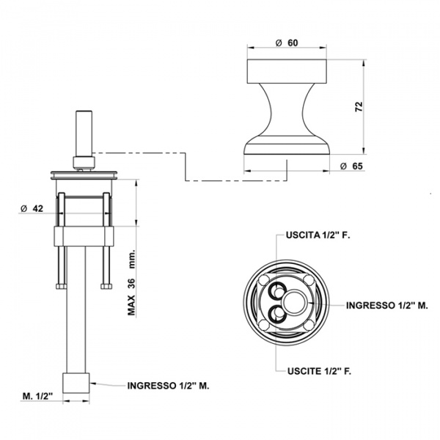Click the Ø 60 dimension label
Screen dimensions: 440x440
288,43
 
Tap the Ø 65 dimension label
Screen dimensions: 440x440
353,166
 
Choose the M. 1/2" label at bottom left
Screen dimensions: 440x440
36,396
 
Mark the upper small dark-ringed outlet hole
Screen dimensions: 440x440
276,290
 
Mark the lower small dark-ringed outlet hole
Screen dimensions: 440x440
276,314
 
